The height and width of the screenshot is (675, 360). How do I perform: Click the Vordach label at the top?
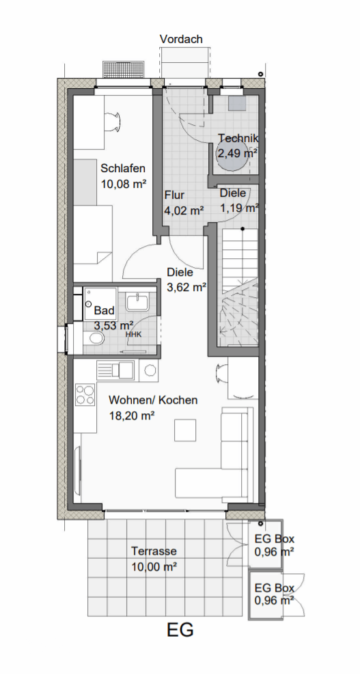click(181, 39)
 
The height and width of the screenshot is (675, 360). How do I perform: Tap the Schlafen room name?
click(123, 168)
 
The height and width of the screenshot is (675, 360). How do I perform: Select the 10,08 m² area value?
click(123, 184)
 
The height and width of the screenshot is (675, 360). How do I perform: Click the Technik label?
click(238, 138)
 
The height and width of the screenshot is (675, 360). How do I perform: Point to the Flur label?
click(174, 195)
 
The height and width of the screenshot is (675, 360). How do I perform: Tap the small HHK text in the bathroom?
click(133, 334)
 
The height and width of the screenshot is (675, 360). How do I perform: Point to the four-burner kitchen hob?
click(85, 395)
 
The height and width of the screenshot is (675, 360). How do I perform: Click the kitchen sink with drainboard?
click(115, 371)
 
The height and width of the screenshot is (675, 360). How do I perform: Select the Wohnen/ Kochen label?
click(153, 400)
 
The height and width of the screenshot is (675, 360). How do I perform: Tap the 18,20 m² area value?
click(131, 416)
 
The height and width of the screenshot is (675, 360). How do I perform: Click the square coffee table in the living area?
click(185, 430)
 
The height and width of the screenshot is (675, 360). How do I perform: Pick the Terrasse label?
click(154, 551)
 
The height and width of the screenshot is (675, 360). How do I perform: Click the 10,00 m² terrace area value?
click(154, 567)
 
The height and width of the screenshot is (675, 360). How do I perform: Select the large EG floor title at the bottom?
click(180, 630)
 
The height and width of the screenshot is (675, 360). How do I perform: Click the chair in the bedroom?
click(113, 122)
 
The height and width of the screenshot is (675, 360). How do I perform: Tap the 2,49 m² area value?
click(237, 153)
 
